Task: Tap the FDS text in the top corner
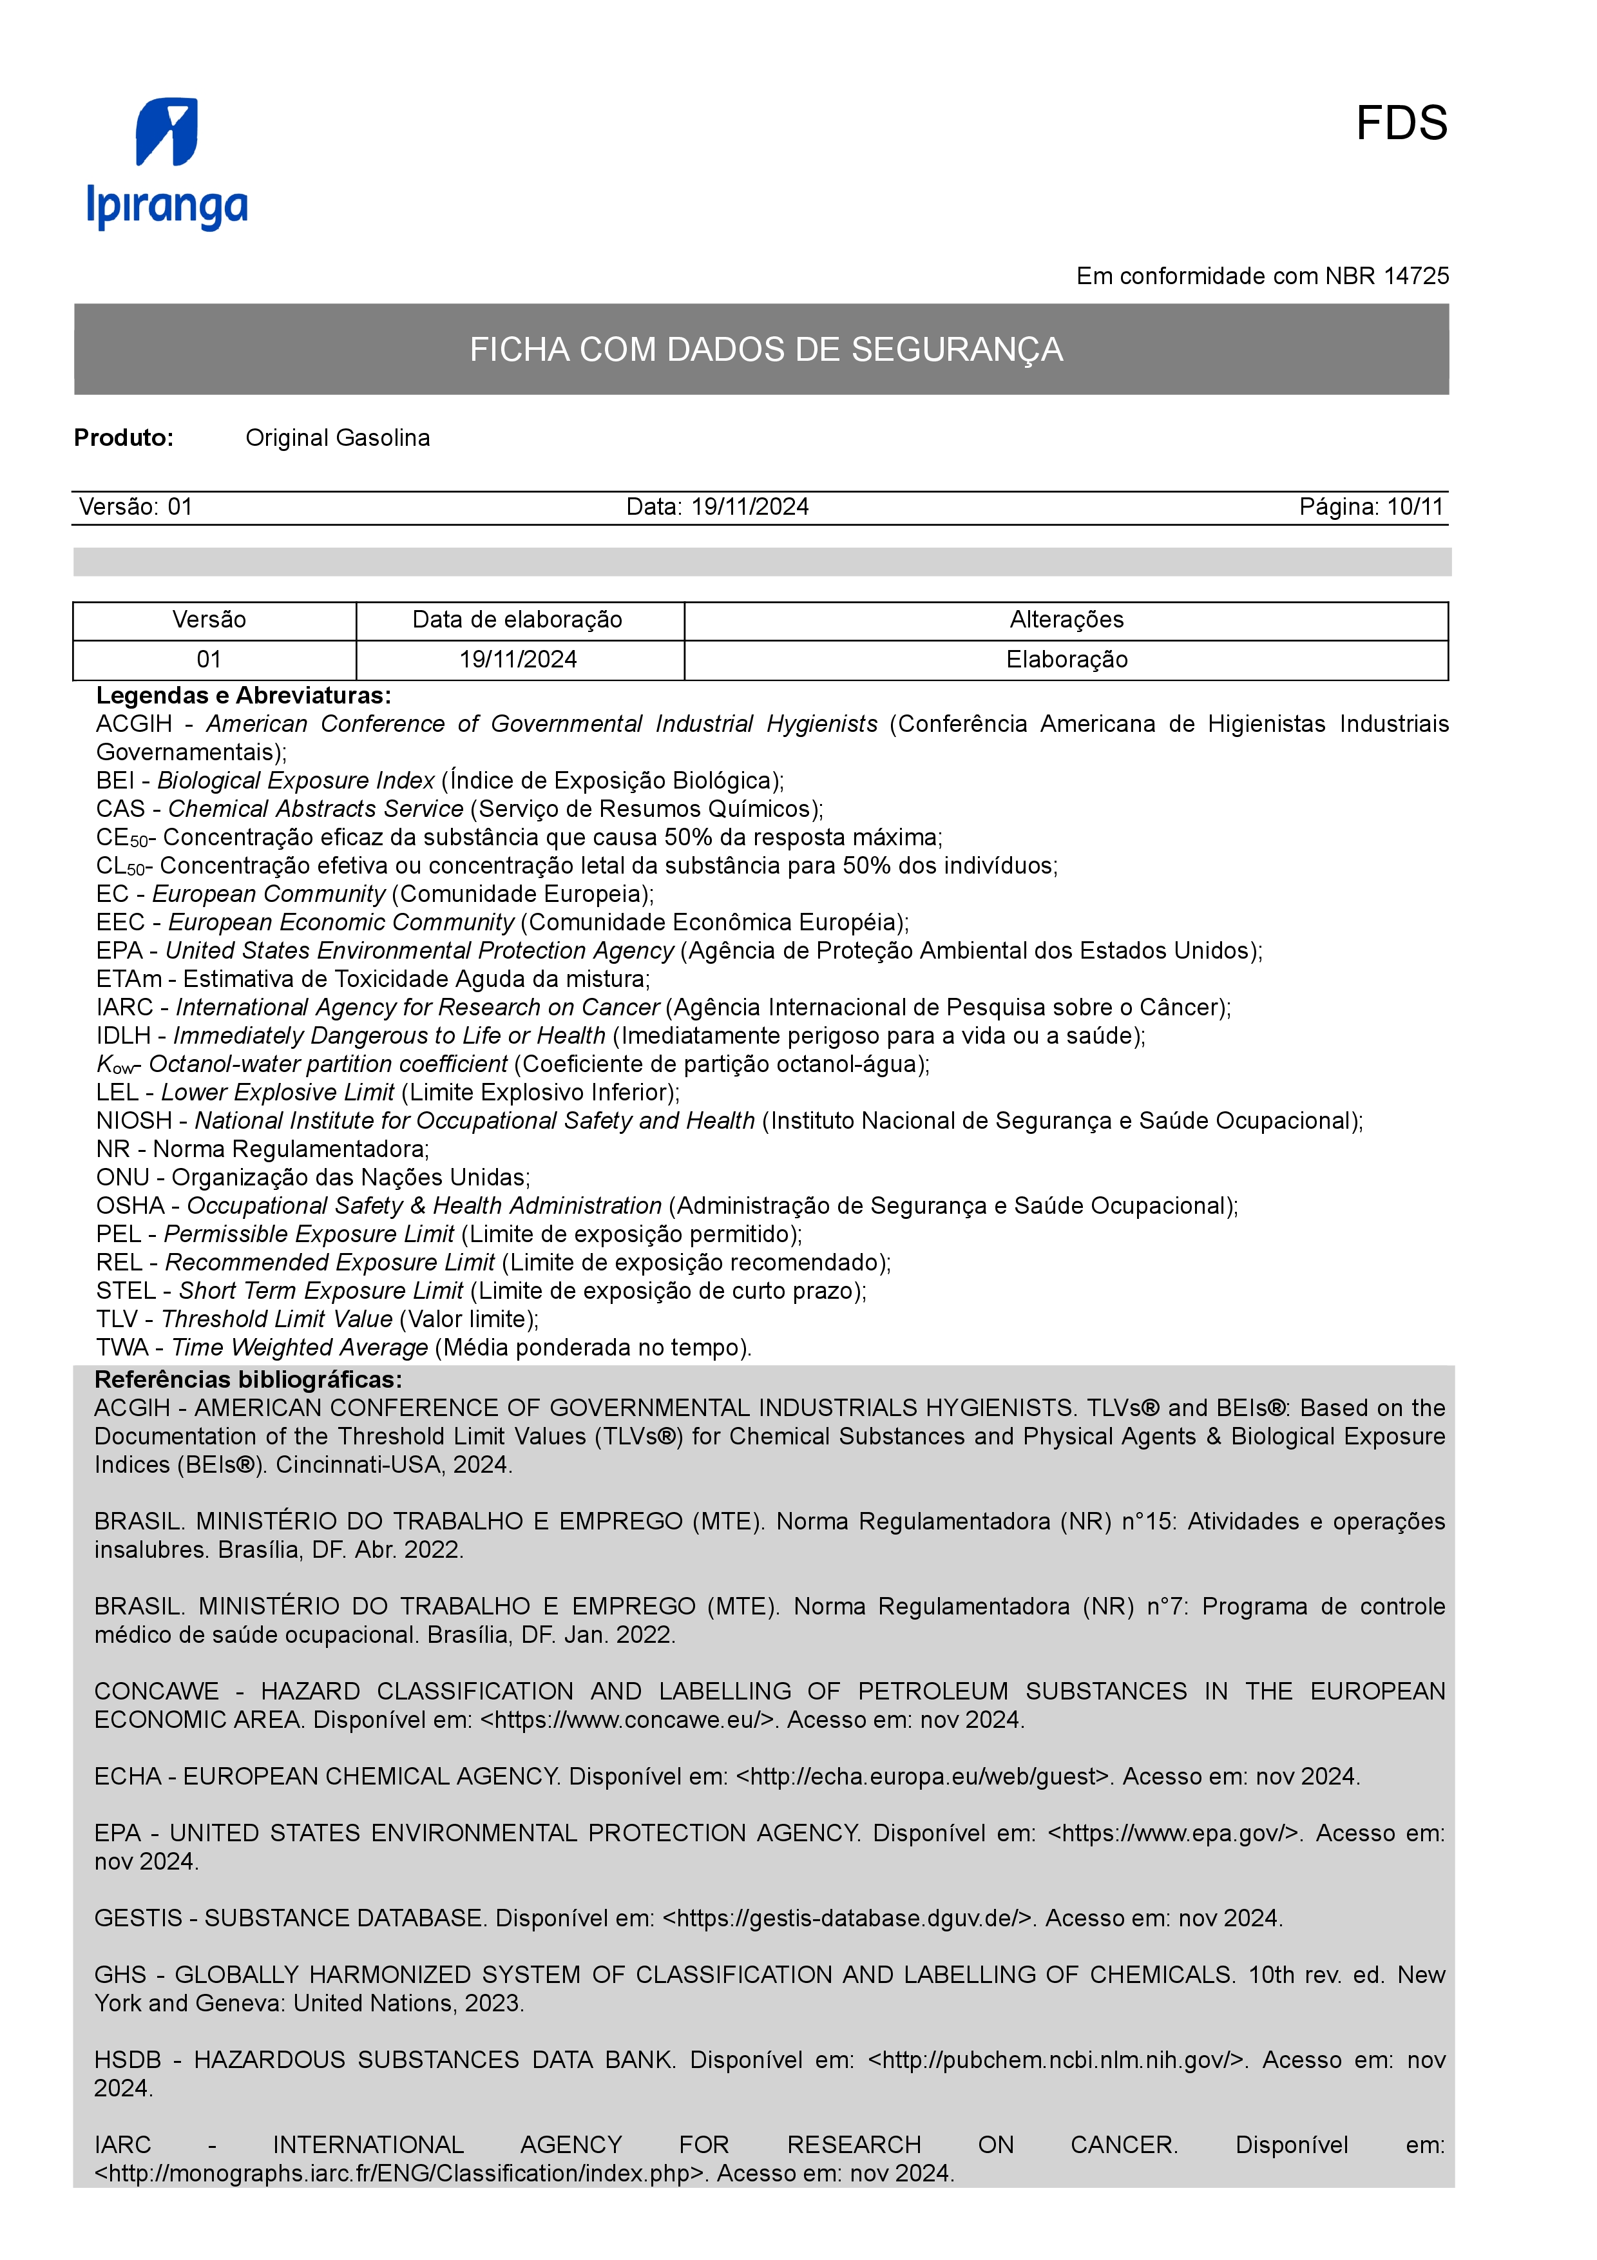[x=1401, y=124]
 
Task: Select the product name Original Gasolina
[x=338, y=438]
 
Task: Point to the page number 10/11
[x=1414, y=507]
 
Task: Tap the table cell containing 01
[x=209, y=660]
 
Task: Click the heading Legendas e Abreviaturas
[x=243, y=696]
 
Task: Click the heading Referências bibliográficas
[x=248, y=1379]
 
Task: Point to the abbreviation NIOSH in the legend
[x=134, y=1121]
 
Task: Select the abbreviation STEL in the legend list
[x=126, y=1292]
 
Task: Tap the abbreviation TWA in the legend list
[x=122, y=1348]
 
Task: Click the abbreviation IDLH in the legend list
[x=124, y=1037]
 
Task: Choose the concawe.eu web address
[x=630, y=1719]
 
